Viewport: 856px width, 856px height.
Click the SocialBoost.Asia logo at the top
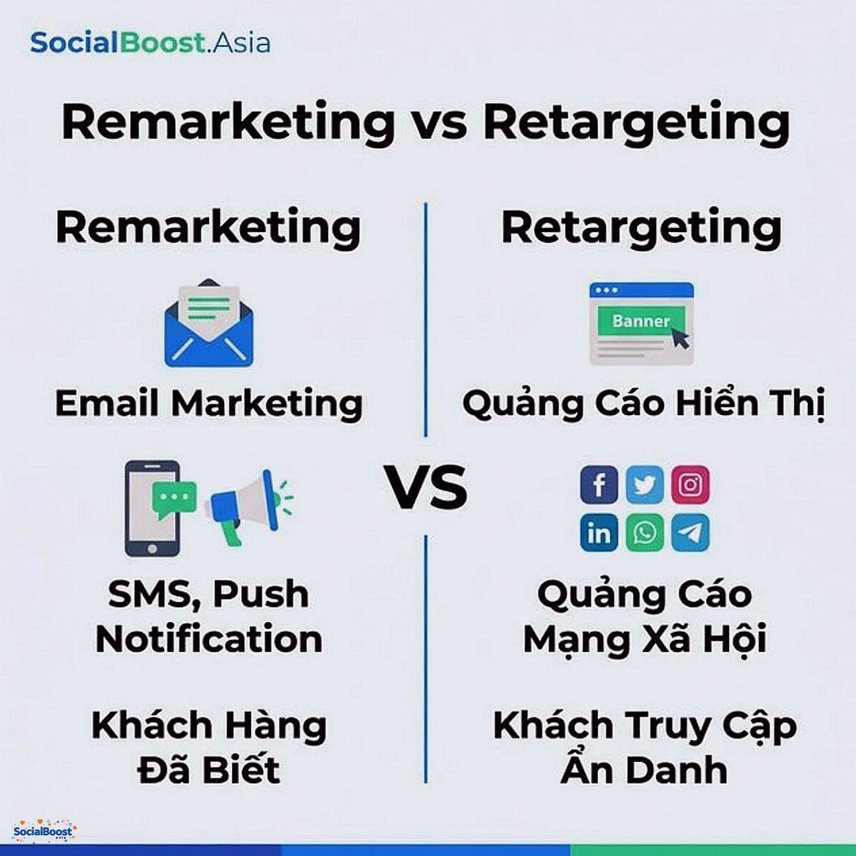pos(150,43)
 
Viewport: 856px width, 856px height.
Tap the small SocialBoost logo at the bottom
pos(44,831)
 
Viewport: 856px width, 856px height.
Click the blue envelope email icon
pos(209,325)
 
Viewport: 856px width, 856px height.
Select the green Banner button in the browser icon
pos(640,322)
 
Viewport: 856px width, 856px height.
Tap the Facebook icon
pos(599,485)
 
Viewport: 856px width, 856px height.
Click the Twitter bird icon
pos(645,485)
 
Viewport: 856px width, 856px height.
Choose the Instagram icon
pos(690,485)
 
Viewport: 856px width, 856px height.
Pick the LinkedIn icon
pos(599,533)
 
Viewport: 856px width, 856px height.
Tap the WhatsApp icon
pos(645,533)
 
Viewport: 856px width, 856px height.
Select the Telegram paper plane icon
pos(690,533)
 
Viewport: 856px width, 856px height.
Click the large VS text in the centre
pos(427,488)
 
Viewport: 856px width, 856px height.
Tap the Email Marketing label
pos(209,403)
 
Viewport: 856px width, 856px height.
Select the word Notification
pos(209,639)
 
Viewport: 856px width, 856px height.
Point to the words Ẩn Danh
pos(644,770)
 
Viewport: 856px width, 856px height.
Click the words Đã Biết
pos(209,770)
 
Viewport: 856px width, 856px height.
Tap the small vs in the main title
pos(439,123)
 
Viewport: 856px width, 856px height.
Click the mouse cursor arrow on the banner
pos(680,337)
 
